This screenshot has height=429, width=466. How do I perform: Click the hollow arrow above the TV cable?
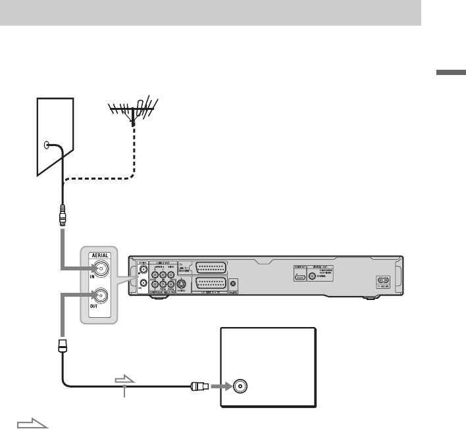(124, 380)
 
